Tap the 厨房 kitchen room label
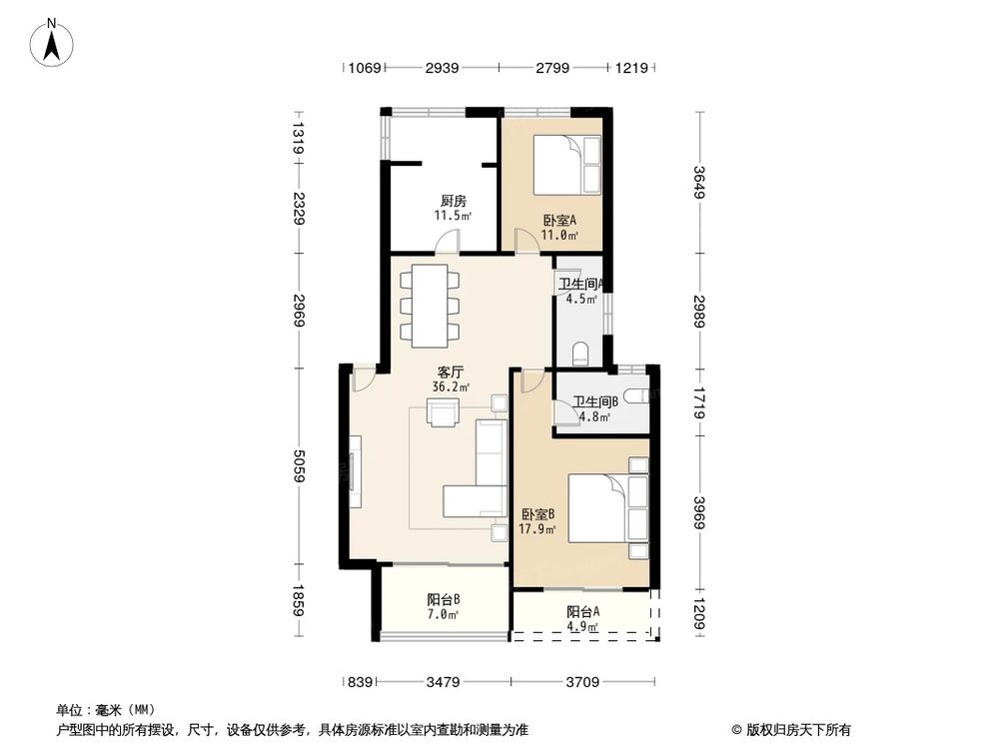[453, 201]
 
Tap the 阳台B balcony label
[443, 599]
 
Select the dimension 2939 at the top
[441, 68]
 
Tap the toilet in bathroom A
[581, 353]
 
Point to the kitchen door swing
[449, 241]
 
